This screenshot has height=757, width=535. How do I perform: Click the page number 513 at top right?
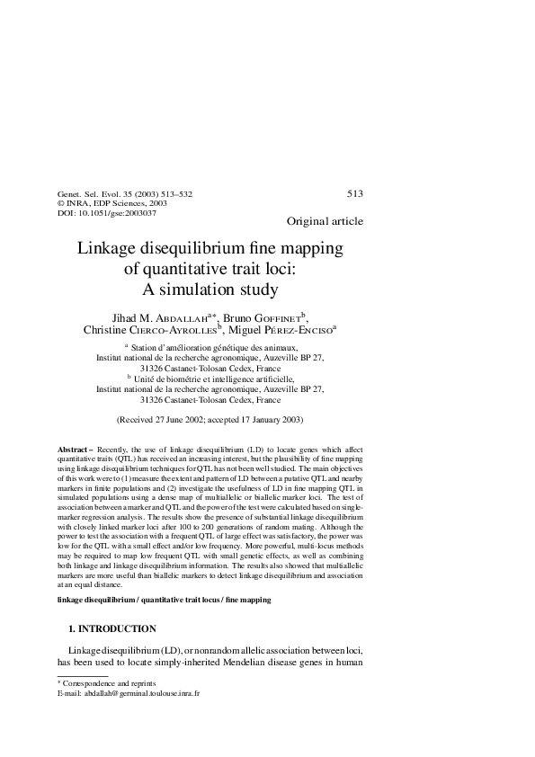tap(354, 193)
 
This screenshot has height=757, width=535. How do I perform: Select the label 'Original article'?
tap(325, 221)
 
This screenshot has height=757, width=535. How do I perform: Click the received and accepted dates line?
tap(210, 419)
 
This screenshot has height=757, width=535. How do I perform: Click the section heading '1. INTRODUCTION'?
tap(112, 628)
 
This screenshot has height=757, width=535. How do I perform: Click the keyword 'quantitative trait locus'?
tap(171, 599)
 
